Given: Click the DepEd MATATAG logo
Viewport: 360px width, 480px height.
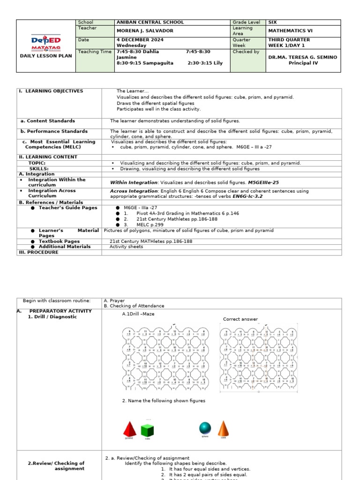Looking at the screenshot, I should (45, 43).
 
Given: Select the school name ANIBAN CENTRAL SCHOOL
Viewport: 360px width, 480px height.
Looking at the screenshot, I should (150, 22).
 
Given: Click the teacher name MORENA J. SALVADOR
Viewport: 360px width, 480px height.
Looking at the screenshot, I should (145, 31).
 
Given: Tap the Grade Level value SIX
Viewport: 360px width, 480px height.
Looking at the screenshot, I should (272, 22).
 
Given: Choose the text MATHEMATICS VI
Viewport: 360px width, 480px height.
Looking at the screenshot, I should (288, 31).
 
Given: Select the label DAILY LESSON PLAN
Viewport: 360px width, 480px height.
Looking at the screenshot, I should (45, 56).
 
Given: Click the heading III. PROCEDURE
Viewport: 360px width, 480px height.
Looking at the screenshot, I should (38, 252).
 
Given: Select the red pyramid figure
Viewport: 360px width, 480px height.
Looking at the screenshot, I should (129, 428).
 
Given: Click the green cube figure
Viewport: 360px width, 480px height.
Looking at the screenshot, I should (148, 430).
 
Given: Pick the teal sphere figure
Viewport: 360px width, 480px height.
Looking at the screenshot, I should (205, 427).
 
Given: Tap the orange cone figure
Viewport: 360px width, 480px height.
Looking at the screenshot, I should (224, 428).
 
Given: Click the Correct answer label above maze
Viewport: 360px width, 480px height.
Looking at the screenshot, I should (240, 319).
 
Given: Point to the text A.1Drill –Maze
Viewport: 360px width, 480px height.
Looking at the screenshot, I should (138, 314).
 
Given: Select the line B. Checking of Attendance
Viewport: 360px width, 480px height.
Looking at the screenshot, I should (134, 306).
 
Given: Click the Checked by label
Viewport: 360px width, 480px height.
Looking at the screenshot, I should (246, 52).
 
